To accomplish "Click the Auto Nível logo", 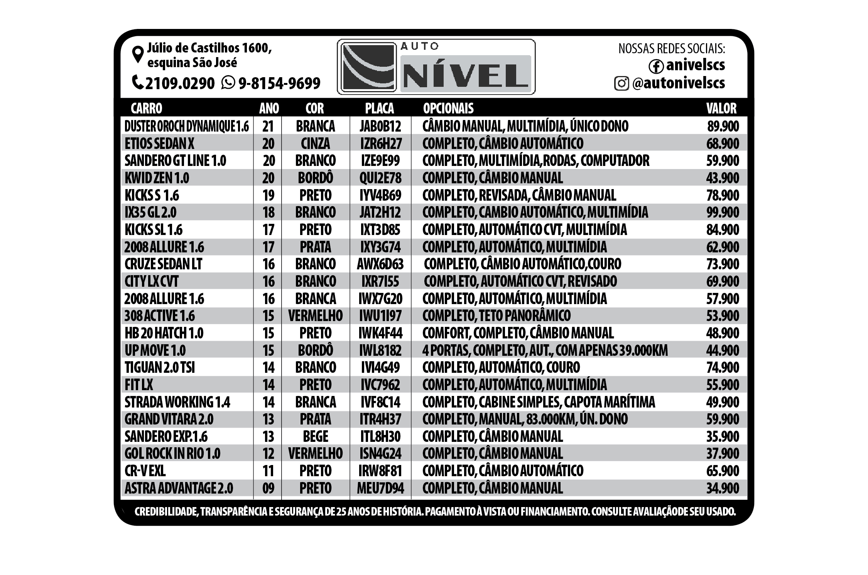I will coord(436,67).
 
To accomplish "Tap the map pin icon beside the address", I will coord(138,54).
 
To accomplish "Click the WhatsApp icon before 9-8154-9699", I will coord(228,83).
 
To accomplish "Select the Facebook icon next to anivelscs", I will coord(656,66).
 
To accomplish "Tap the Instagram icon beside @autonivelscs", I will coord(621,83).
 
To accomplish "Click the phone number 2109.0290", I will coord(179,83).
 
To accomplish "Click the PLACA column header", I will coord(379,108).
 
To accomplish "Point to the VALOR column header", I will coord(721,108).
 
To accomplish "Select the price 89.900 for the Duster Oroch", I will coord(723,126).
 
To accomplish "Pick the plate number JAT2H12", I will coord(380,212).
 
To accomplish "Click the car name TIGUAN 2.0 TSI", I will coord(160,367).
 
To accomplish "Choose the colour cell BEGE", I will coord(316,436).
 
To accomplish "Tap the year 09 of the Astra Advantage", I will coord(268,488).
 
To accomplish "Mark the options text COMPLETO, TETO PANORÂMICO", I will coord(496,316).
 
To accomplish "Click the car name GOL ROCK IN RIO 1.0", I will coord(172,453).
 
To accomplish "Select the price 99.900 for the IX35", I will coord(723,212).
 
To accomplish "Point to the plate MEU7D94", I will coord(380,488).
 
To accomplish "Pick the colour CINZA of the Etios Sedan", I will coord(316,144).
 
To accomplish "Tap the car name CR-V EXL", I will coord(145,471).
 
